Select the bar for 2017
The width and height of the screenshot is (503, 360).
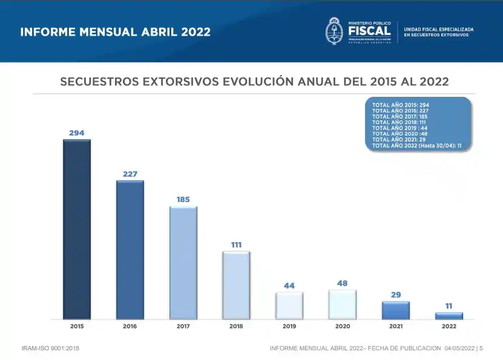pos(183,263)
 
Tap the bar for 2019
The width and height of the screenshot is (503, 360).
pos(289,306)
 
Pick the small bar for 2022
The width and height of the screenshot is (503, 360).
pos(449,315)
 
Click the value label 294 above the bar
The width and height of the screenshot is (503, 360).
pos(77,133)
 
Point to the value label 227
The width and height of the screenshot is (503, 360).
pos(130,174)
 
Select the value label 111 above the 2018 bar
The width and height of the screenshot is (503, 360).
pos(236,244)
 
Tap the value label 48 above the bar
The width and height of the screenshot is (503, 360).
pos(343,283)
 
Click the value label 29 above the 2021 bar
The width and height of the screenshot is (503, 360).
pos(396,295)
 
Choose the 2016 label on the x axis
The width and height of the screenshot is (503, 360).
pos(130,326)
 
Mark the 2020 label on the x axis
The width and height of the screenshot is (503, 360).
pos(343,326)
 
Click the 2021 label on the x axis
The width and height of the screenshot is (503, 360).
pos(396,326)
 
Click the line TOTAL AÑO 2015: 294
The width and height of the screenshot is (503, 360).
pos(401,105)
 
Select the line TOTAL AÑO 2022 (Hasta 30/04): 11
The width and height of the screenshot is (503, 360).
pos(417,145)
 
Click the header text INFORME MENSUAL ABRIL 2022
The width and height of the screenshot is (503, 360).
pos(116,32)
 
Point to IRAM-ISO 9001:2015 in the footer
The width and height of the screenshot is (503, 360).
pos(50,349)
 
